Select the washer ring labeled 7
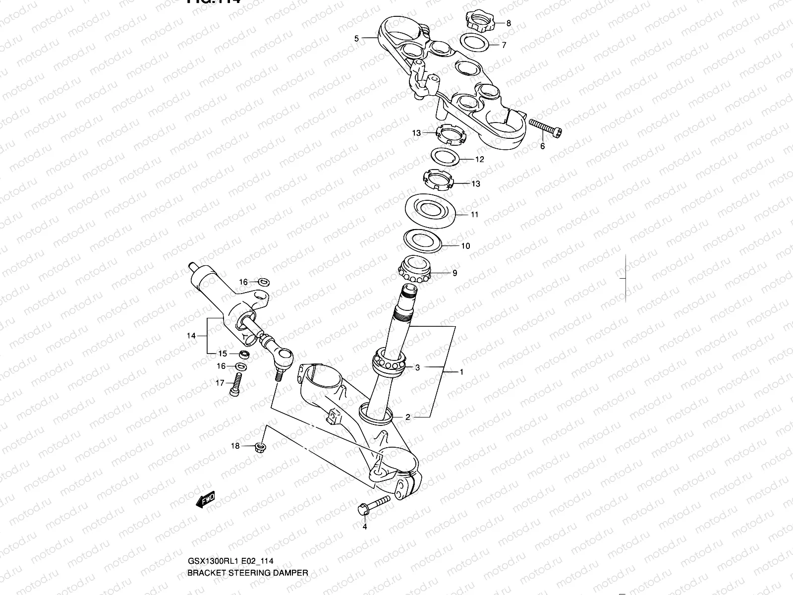475,43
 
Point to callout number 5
356,38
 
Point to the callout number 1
461,372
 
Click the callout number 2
408,417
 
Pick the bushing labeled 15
243,355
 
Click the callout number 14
191,336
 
